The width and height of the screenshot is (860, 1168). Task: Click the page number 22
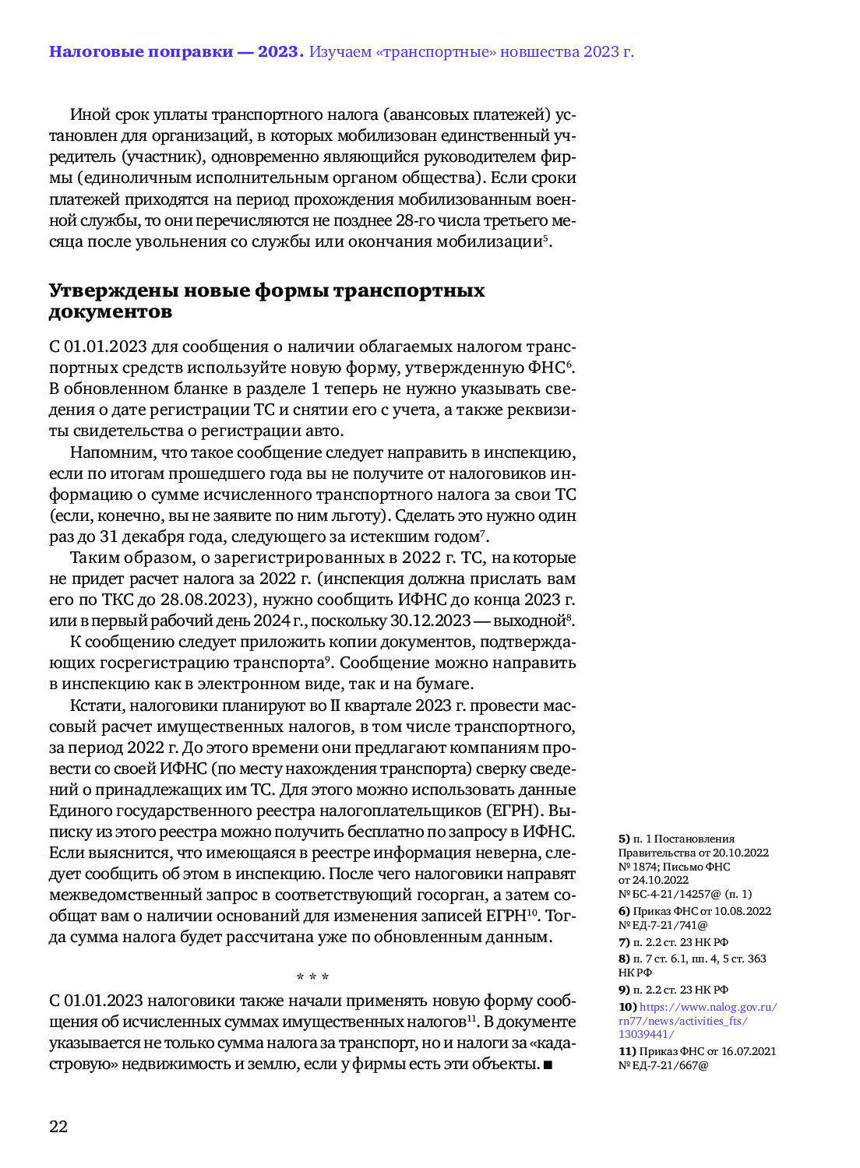tap(58, 1126)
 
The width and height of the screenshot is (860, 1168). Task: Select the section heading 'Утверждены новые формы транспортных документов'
tap(266, 301)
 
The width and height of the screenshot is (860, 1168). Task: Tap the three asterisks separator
tap(312, 977)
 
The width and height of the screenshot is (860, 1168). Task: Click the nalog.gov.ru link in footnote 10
tap(698, 1021)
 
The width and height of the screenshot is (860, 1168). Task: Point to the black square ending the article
tap(548, 1064)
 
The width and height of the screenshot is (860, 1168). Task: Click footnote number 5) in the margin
tap(624, 839)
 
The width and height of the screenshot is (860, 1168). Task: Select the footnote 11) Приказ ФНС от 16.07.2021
tap(697, 1058)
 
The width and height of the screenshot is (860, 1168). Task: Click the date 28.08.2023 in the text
tap(203, 600)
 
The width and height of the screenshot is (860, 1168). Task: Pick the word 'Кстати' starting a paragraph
tap(96, 705)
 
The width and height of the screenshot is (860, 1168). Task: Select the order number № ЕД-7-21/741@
tap(663, 925)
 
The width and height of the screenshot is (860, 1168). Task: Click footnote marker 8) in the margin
tap(624, 959)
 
